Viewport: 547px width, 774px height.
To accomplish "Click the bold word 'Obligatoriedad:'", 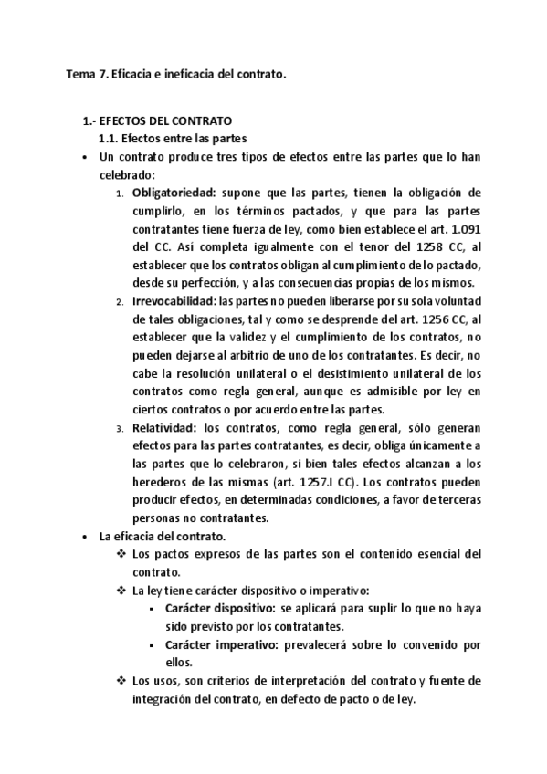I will pyautogui.click(x=171, y=193).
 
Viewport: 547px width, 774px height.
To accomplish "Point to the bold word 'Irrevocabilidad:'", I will pyautogui.click(x=172, y=300).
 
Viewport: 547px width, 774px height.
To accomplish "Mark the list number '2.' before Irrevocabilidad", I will pyautogui.click(x=121, y=301).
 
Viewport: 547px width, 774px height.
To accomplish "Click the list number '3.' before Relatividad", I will pyautogui.click(x=121, y=428).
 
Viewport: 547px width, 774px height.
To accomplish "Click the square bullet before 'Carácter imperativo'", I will pyautogui.click(x=149, y=645).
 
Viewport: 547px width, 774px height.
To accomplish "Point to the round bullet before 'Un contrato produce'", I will pyautogui.click(x=84, y=157).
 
